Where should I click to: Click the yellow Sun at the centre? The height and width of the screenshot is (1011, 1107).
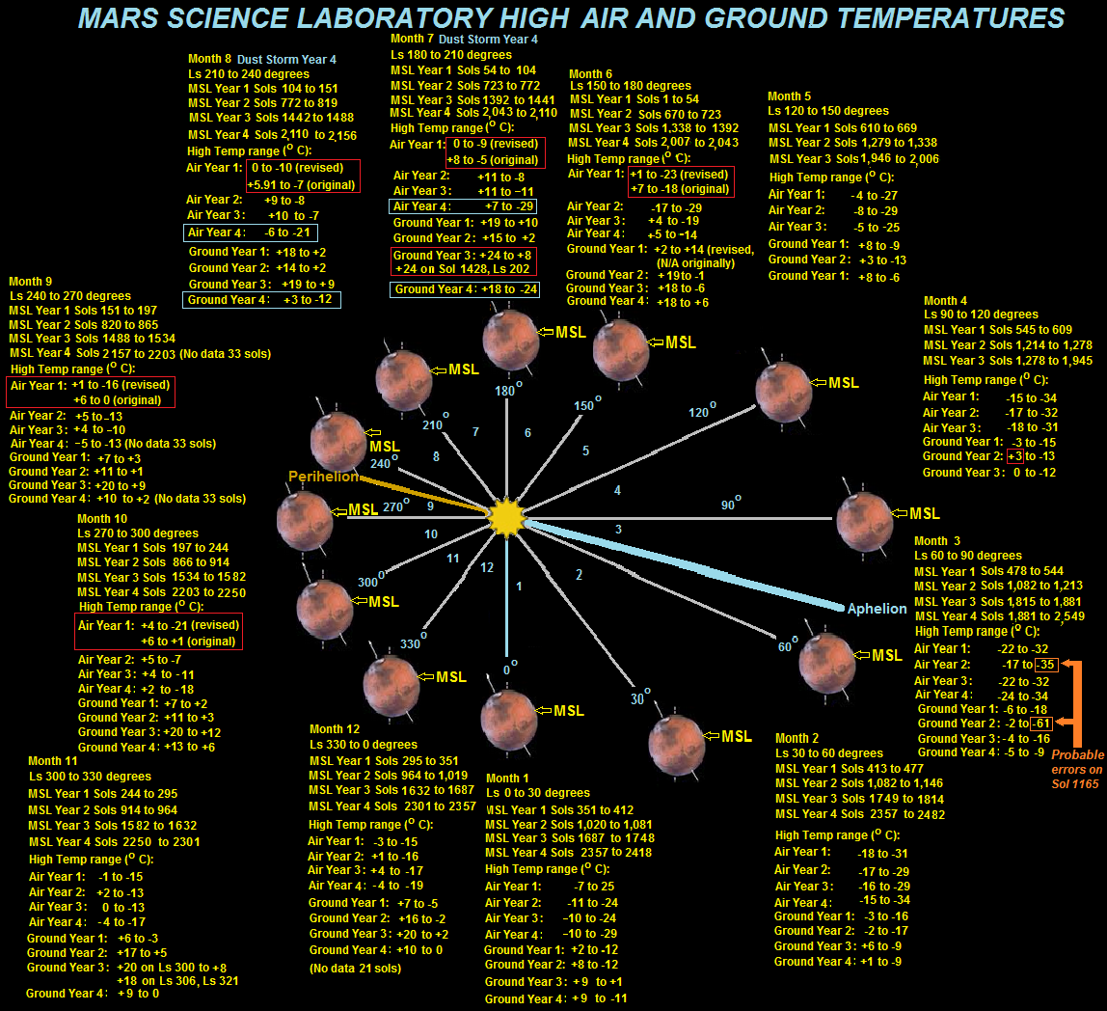pos(507,517)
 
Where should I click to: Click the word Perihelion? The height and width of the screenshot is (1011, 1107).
pos(323,477)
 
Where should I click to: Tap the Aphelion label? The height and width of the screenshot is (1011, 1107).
pos(877,609)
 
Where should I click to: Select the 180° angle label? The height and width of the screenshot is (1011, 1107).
pos(508,390)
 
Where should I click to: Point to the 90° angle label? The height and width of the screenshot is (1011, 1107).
pos(731,504)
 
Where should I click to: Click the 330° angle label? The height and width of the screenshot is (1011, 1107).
pos(413,642)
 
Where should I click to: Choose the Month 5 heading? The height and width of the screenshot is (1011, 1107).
pos(790,96)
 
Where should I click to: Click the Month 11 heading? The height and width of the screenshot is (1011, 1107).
pos(53,761)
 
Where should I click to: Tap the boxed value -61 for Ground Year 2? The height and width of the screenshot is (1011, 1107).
pos(1042,723)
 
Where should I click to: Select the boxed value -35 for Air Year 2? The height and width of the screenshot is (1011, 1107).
pos(1045,664)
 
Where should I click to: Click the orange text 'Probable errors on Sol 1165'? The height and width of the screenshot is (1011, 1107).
pos(1077,770)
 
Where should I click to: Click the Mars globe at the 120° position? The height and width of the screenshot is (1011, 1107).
pos(784,393)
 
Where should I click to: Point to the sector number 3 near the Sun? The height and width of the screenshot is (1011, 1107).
pos(618,530)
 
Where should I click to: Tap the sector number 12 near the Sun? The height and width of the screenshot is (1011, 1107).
pos(487,567)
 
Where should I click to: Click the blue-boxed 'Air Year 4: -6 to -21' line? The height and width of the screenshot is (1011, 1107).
pos(250,232)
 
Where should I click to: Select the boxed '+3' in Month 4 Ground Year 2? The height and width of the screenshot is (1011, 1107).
pos(1015,456)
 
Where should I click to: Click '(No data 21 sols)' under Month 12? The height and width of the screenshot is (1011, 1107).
pos(355,968)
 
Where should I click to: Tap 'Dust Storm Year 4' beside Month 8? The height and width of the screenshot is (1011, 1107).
pos(286,60)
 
